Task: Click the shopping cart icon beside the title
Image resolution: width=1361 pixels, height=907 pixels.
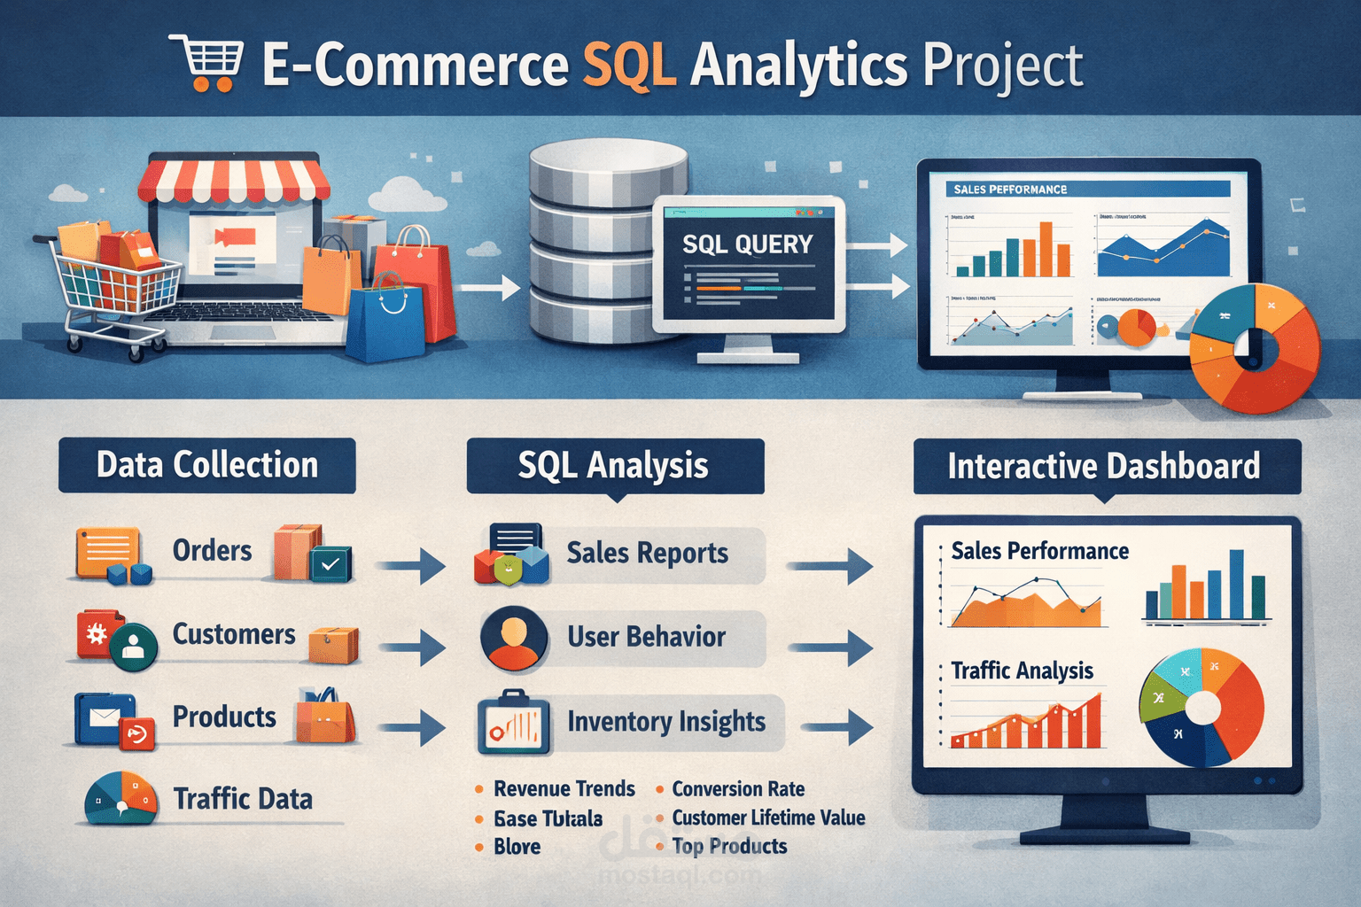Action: pos(206,64)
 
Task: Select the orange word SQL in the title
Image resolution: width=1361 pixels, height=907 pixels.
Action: pos(629,65)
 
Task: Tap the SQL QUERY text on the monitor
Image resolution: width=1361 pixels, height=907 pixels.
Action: pos(747,244)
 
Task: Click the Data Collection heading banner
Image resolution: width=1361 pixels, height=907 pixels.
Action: pos(207,465)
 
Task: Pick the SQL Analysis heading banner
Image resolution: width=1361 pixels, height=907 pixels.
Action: pos(614,466)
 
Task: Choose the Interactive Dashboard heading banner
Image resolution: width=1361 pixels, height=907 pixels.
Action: pos(1105,466)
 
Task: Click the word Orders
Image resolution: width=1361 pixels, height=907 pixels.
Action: pos(212,550)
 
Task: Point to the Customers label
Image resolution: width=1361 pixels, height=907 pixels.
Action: pos(234,634)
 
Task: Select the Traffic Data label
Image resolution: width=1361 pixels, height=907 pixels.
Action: pos(243,799)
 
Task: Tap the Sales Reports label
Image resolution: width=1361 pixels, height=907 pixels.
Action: pos(647,554)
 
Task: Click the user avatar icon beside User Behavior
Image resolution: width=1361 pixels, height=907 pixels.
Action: pos(514,638)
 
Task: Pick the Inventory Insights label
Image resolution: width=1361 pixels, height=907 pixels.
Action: pos(666,722)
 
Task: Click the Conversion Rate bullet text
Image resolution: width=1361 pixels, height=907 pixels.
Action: pos(738,788)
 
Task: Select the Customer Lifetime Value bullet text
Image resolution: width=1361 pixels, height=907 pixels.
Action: pos(768,818)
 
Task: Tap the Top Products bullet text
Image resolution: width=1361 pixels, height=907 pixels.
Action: pos(729,847)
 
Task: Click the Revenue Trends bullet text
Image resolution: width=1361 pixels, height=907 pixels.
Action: pos(564,788)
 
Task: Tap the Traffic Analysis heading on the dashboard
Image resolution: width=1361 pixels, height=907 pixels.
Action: pos(1022,671)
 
